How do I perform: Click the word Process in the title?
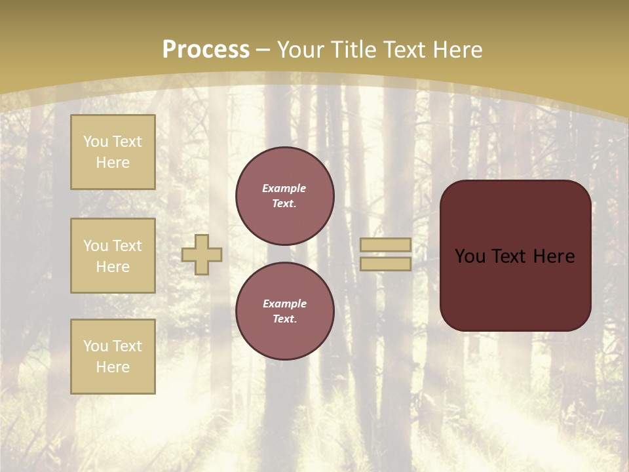coord(206,49)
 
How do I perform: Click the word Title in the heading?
coord(354,49)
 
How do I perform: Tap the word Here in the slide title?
coord(457,49)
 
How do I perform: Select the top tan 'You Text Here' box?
coord(113,152)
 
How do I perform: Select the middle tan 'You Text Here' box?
coord(113,256)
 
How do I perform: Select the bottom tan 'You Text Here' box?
coord(113,357)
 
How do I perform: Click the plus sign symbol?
coord(202,255)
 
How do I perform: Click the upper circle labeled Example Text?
coord(285,196)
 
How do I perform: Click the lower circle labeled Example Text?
coord(285,311)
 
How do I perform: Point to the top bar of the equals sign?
coord(385,245)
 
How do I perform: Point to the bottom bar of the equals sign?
coord(385,264)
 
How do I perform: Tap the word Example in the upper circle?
coord(284,188)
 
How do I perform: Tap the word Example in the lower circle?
coord(284,304)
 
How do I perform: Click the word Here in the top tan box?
coord(113,163)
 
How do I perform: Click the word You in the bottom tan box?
coord(96,346)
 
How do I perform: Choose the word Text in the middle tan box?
coord(126,246)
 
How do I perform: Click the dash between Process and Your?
coord(263,50)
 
